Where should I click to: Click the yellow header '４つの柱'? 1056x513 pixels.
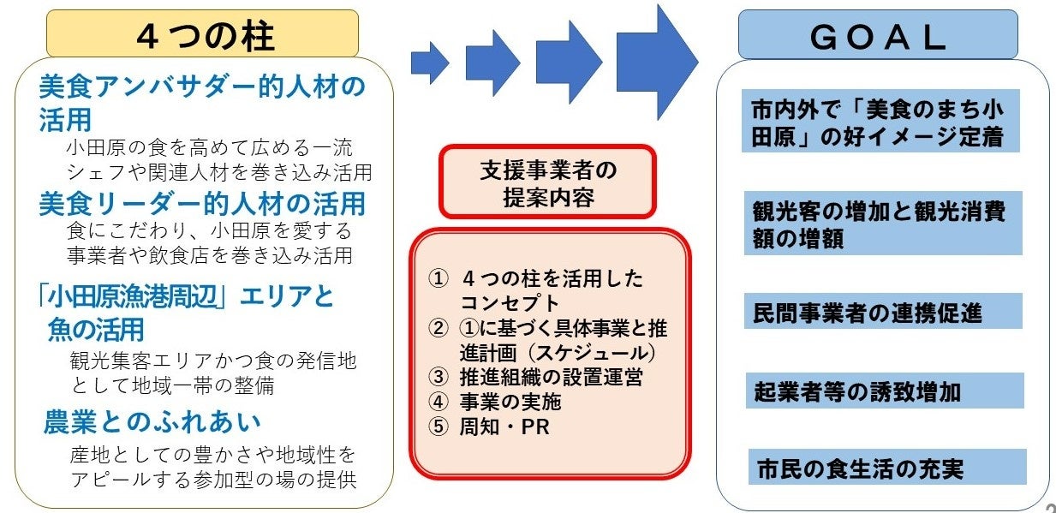coord(202,35)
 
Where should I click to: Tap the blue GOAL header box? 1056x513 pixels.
coord(877,35)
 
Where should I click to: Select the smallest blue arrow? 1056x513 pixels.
coord(429,62)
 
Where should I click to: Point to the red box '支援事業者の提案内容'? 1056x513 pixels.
coord(547,182)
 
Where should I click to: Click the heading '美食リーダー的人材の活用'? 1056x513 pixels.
coord(202,204)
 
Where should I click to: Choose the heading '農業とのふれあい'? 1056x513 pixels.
coord(152,422)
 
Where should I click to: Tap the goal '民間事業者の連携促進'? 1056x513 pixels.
coord(867,312)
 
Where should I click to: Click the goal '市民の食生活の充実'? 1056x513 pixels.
coord(860,468)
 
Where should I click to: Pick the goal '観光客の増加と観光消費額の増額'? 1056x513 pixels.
coord(878,224)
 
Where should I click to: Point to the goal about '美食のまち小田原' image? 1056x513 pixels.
coord(877,122)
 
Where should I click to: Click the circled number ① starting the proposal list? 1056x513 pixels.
coord(439,279)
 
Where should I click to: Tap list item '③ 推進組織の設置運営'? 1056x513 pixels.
coord(538,377)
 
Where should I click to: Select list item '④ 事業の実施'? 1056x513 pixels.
coord(497,402)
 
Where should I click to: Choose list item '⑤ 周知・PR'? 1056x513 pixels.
coord(491,427)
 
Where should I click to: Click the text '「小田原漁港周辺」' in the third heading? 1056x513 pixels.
coord(134,297)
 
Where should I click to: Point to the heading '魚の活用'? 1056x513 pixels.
coord(97,329)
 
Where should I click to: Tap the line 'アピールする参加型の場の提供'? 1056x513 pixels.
coord(212,479)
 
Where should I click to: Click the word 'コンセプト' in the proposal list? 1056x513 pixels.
coord(510,303)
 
